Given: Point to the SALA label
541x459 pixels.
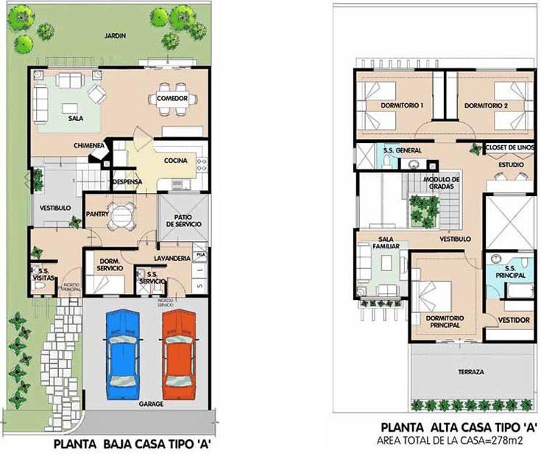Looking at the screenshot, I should pos(75,118).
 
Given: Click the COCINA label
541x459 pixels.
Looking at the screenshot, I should pos(176,161).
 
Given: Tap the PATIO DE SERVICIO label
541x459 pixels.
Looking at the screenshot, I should pos(184,220).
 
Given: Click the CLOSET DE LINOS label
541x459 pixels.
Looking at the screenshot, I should pos(509,147).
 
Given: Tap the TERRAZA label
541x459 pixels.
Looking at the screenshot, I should pos(470,372).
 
